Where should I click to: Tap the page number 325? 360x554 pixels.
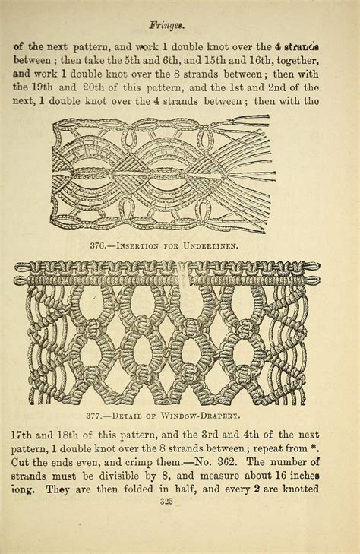180,501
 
